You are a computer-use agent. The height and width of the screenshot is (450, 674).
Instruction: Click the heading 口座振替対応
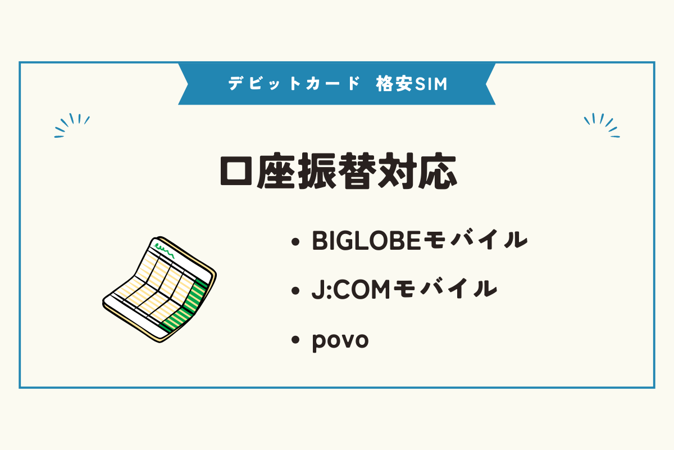pos(337,171)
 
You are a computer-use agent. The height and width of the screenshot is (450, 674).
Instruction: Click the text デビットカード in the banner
pos(293,84)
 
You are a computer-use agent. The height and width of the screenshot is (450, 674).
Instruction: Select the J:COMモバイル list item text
pos(404,291)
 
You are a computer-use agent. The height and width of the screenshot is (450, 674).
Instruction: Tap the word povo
pos(340,340)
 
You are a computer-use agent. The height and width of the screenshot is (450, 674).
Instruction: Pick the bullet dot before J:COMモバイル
pos(295,292)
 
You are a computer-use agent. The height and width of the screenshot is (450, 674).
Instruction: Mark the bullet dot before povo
pos(295,341)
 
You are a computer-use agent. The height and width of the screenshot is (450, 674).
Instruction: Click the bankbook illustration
pos(160,290)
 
